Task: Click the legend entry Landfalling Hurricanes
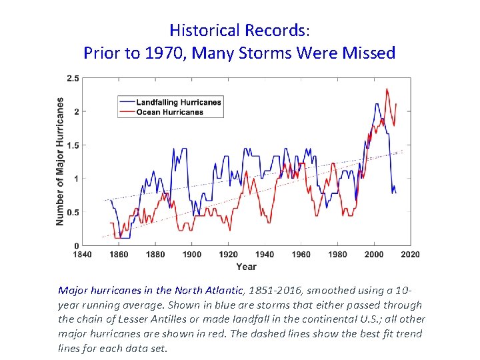[178, 102]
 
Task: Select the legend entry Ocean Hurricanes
[169, 112]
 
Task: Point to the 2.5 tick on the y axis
[73, 79]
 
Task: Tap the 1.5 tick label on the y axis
[73, 145]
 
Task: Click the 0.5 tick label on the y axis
[73, 213]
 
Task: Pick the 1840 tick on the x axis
[82, 255]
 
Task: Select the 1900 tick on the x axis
[192, 255]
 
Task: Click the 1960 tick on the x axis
[301, 255]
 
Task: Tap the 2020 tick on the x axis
[411, 255]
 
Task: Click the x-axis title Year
[246, 267]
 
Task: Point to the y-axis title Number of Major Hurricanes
[60, 161]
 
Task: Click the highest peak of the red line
[387, 89]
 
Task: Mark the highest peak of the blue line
[377, 104]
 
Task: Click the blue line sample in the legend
[127, 102]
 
